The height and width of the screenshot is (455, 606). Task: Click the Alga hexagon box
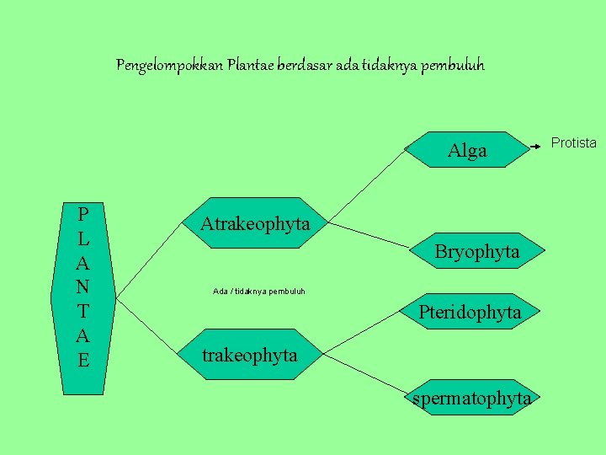pos(468,151)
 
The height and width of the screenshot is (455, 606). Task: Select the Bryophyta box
pos(476,251)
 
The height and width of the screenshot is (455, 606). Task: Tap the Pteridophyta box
pos(470,312)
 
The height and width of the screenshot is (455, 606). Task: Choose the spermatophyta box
pos(471,398)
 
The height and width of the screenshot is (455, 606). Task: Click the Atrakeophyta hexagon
pos(255,224)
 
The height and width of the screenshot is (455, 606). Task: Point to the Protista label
pos(573,143)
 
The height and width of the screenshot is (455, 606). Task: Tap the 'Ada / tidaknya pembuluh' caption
pos(259,292)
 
